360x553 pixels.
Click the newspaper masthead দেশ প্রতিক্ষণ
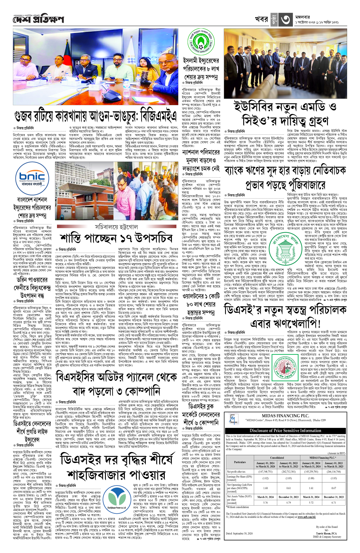38,20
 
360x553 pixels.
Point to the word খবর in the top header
261,19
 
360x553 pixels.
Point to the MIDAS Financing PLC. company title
285,416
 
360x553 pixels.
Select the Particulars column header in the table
240,462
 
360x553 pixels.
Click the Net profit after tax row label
236,472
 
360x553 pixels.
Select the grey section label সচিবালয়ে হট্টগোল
116,227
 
